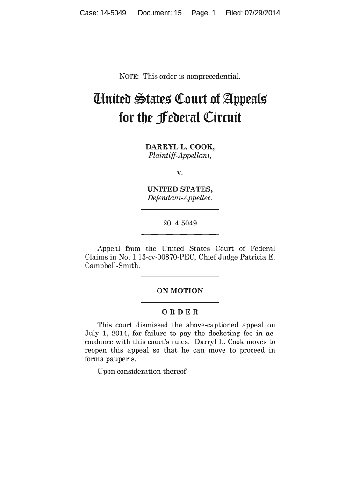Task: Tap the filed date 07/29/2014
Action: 262,13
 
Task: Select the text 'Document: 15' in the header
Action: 159,13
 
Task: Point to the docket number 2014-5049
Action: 180,224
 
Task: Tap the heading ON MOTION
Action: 180,291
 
